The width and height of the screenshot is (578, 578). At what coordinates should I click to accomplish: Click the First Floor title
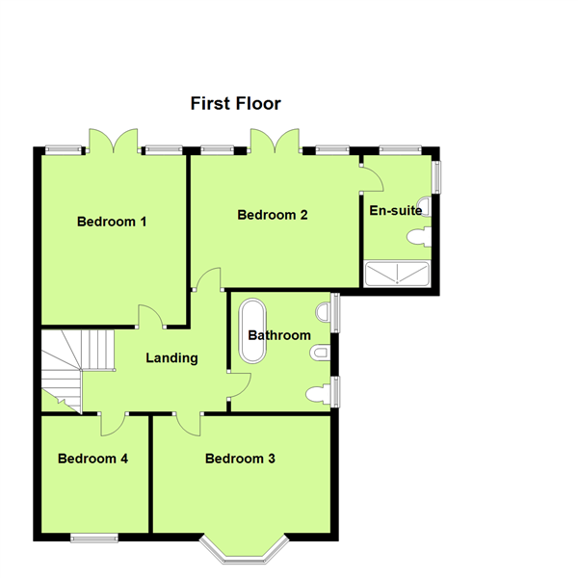pyautogui.click(x=235, y=103)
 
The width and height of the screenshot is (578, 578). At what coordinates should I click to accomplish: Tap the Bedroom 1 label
pyautogui.click(x=112, y=222)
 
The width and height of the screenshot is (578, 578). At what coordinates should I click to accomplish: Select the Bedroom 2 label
pyautogui.click(x=273, y=215)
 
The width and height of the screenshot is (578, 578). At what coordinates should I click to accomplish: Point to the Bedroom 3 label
pyautogui.click(x=240, y=459)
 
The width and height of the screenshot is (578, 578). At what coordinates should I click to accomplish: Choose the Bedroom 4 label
pyautogui.click(x=93, y=459)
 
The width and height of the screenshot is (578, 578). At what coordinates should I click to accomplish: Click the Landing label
pyautogui.click(x=171, y=358)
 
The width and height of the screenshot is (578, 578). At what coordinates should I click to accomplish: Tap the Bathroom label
pyautogui.click(x=279, y=335)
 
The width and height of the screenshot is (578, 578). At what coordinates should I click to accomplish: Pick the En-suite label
pyautogui.click(x=396, y=209)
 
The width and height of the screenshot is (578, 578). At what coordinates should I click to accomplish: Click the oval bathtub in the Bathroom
pyautogui.click(x=253, y=330)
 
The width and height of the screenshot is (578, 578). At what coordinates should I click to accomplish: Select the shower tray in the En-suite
pyautogui.click(x=397, y=274)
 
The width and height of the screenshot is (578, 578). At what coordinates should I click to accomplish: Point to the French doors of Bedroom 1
pyautogui.click(x=114, y=142)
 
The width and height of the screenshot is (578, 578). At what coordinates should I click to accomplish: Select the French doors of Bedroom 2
pyautogui.click(x=274, y=142)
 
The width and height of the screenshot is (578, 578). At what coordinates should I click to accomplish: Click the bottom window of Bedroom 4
pyautogui.click(x=94, y=536)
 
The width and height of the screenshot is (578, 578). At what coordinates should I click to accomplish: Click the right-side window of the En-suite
pyautogui.click(x=436, y=176)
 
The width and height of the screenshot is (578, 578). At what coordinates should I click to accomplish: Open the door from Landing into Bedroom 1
pyautogui.click(x=150, y=317)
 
